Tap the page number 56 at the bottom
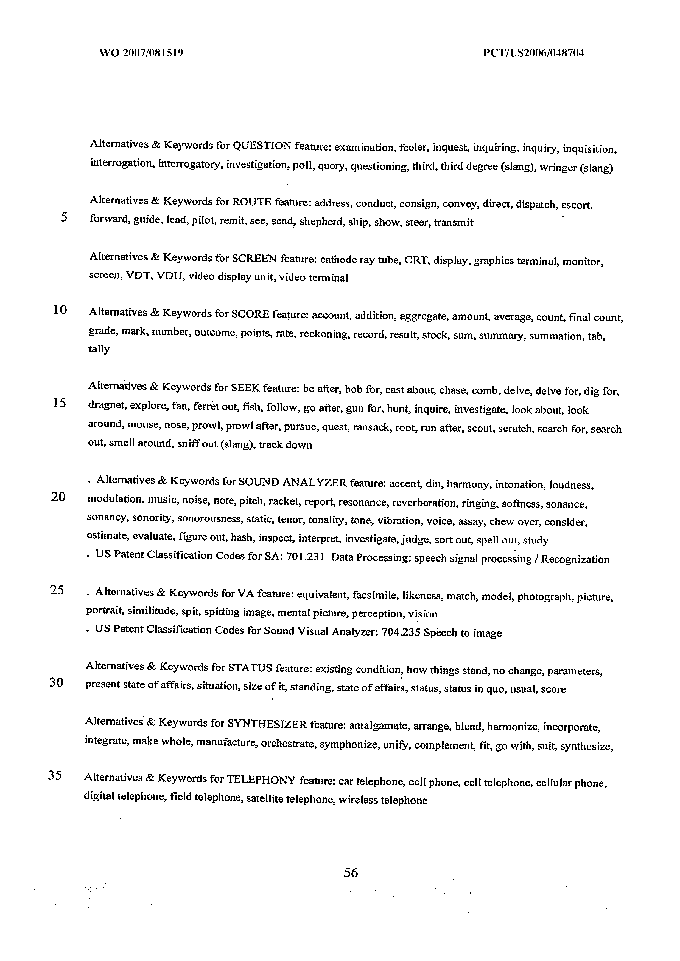(x=351, y=873)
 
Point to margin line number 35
(x=55, y=776)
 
